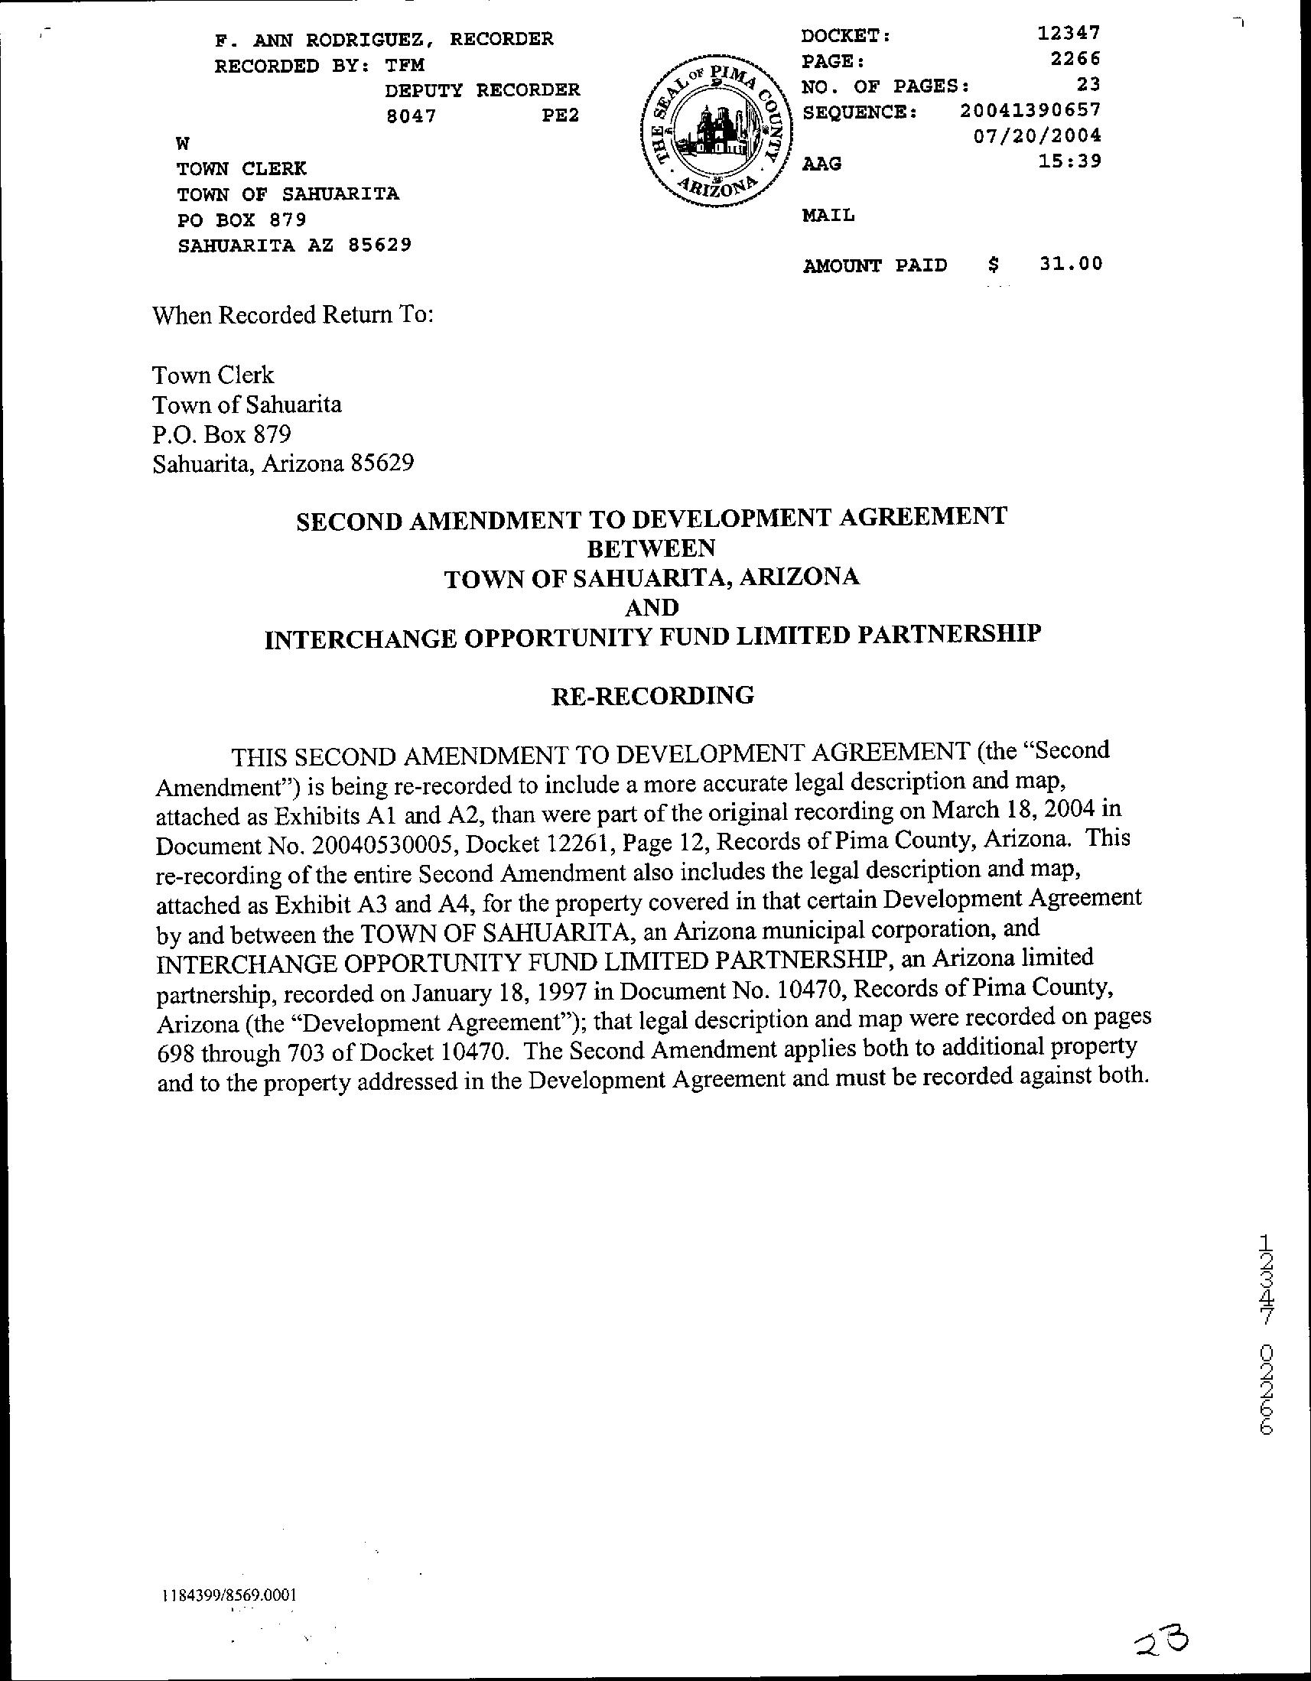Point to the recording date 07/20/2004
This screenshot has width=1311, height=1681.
coord(1037,136)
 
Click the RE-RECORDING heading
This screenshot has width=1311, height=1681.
coord(652,696)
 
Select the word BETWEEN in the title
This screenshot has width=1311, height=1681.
coord(651,548)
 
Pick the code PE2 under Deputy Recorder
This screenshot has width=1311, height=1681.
coord(559,116)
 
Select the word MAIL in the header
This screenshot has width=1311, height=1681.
coord(828,216)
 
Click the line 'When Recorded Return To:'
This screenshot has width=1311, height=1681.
coord(293,315)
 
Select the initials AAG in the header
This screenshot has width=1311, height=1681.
coord(821,164)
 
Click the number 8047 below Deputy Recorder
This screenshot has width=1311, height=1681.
coord(411,116)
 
